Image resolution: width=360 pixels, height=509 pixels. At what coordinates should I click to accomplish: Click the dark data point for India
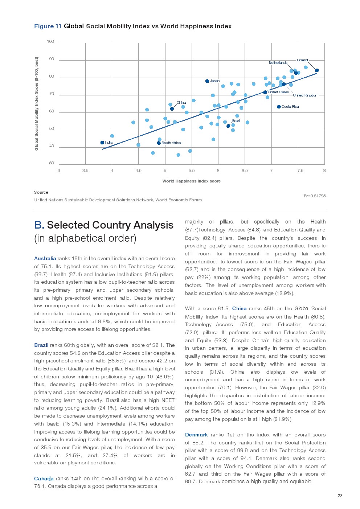click(x=102, y=143)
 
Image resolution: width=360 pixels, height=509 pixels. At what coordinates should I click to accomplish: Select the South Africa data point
click(x=159, y=143)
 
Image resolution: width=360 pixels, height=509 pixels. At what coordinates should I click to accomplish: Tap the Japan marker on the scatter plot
click(x=207, y=81)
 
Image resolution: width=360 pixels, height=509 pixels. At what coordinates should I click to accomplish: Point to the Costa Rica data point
click(x=279, y=107)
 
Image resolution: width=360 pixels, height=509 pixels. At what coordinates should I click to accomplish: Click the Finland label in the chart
click(x=302, y=60)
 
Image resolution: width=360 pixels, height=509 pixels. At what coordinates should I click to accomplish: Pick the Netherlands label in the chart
click(x=278, y=63)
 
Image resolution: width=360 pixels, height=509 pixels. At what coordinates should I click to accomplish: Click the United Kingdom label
click(x=306, y=95)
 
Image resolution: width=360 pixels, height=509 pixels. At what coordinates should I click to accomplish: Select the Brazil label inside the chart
click(x=236, y=120)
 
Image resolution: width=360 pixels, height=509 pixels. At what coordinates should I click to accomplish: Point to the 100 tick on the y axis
click(x=50, y=41)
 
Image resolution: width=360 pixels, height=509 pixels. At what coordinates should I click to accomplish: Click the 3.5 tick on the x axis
click(x=85, y=171)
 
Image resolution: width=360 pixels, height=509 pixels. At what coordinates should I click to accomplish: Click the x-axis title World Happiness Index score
click(x=191, y=181)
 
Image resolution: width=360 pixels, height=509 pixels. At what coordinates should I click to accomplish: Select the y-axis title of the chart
click(x=36, y=103)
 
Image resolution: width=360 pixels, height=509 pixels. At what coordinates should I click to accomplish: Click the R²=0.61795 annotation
click(x=315, y=196)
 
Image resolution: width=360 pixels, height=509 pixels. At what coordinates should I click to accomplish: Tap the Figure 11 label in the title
click(x=48, y=26)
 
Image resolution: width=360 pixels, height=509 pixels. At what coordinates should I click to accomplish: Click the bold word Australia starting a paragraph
click(x=45, y=258)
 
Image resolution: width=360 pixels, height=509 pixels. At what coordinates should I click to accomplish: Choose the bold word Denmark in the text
click(x=196, y=435)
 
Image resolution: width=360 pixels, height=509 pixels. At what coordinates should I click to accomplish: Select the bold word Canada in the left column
click(x=44, y=479)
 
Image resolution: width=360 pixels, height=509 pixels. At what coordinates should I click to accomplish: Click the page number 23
click(x=340, y=496)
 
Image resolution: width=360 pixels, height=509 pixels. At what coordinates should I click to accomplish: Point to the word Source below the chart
click(x=41, y=192)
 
